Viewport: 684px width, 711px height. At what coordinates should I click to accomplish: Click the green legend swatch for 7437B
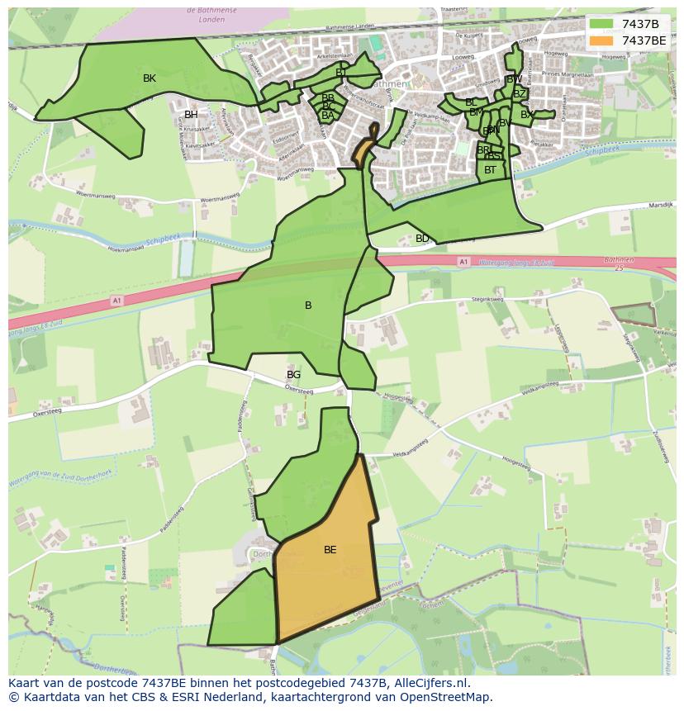tap(602, 24)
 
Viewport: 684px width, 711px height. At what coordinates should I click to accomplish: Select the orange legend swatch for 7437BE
tap(602, 40)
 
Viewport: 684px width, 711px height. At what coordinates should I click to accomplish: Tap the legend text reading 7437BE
tap(644, 40)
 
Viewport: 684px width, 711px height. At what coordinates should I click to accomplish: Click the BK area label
tap(150, 78)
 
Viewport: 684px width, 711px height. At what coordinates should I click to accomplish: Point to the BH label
tap(191, 115)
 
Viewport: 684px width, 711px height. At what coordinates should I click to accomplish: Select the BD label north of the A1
tap(422, 239)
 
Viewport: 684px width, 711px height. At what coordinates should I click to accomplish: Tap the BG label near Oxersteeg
tap(293, 375)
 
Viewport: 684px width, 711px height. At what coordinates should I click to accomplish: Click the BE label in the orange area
tap(330, 550)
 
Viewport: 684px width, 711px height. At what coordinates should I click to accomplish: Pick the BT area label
tap(491, 170)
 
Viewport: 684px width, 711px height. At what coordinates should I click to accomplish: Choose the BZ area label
tap(520, 94)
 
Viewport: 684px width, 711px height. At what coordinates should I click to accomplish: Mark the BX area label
tap(526, 115)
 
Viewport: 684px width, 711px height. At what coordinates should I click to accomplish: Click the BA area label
tap(328, 116)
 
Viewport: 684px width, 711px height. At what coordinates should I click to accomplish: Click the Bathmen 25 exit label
tap(619, 263)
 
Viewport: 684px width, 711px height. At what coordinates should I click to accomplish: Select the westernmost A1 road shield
tap(116, 301)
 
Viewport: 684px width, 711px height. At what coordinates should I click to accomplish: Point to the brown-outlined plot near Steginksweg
tap(631, 315)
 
